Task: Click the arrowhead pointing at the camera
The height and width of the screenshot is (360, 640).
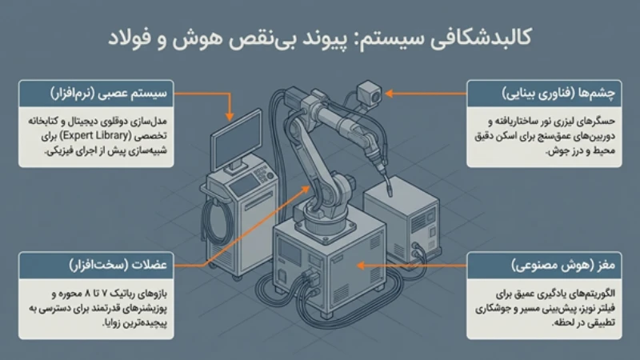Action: pos(390,94)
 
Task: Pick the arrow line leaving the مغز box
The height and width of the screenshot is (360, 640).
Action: pos(448,265)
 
